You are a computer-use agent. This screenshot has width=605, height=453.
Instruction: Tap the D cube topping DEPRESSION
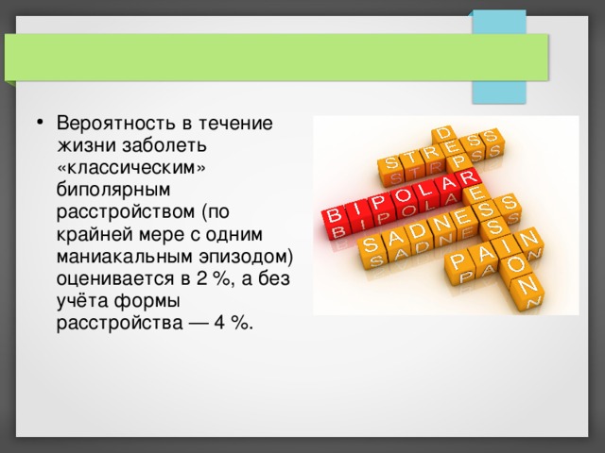443,132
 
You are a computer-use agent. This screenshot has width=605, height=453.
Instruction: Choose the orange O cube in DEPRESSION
516,264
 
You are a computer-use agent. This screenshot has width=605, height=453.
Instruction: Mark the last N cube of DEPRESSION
529,284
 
